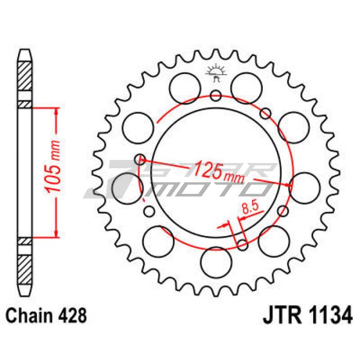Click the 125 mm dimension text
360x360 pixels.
218,172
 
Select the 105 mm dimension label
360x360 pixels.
52,166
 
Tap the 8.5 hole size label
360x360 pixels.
250,208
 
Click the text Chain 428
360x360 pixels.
46,316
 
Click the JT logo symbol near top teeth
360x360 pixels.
216,73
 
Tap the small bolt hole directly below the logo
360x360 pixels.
216,96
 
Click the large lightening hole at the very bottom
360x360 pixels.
216,262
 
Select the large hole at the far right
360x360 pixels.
304,188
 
